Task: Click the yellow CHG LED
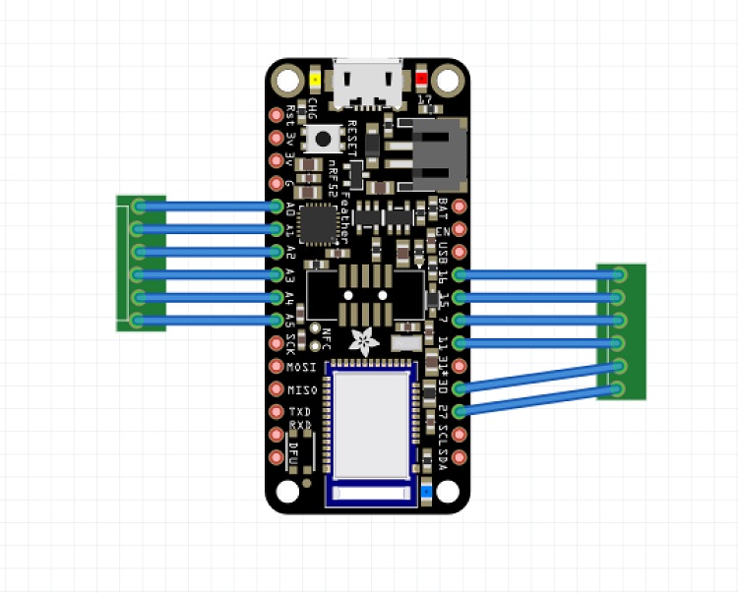point(314,80)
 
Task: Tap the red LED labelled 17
point(423,80)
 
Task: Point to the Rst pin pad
point(277,114)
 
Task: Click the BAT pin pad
point(458,207)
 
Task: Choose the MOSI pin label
point(297,366)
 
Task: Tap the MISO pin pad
point(277,388)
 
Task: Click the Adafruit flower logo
point(367,340)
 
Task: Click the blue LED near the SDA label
point(425,490)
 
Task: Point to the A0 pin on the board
point(277,206)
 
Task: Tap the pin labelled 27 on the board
point(458,410)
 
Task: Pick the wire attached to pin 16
point(536,274)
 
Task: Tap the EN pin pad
point(458,229)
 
